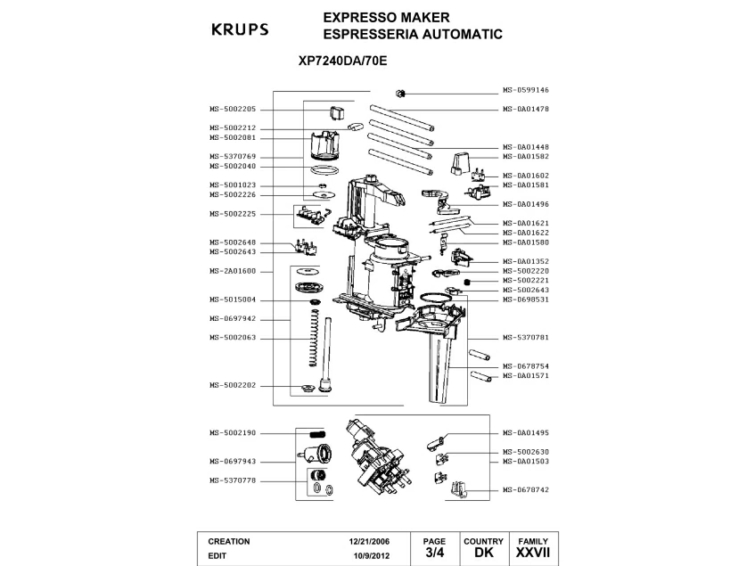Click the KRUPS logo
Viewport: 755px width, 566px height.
238,29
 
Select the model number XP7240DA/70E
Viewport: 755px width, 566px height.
341,63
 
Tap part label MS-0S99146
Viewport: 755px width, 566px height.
525,90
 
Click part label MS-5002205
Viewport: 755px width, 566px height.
233,109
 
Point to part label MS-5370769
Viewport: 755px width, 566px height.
233,156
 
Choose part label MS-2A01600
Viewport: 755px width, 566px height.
233,270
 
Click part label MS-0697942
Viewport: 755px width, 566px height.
233,318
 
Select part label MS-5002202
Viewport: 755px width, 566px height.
233,385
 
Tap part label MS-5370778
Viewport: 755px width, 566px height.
233,480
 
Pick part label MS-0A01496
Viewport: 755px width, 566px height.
525,204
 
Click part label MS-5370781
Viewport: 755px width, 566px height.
525,338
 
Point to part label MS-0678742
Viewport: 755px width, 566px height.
525,490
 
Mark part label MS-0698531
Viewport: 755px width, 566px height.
525,299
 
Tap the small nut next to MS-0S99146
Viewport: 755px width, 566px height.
400,93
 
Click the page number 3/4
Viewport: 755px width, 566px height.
434,554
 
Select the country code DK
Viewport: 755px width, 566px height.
483,554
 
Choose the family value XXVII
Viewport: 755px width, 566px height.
533,554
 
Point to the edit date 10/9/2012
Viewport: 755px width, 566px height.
369,554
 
